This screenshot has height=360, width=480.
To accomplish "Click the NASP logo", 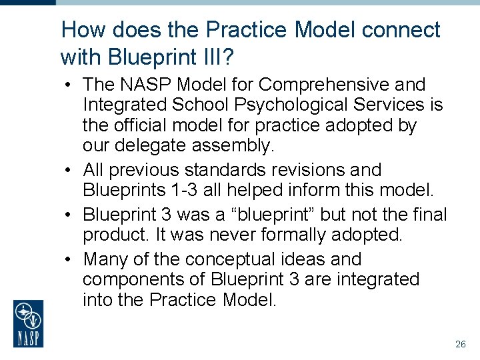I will pos(28,323).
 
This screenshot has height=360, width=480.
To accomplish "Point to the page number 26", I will pos(460,345).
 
